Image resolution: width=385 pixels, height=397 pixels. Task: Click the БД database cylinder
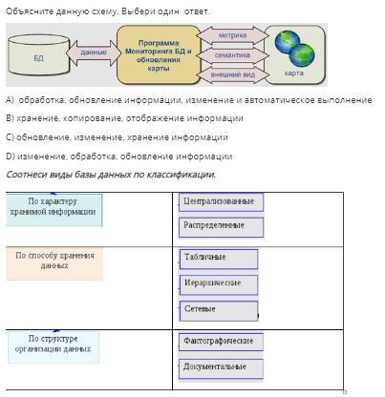tap(39, 55)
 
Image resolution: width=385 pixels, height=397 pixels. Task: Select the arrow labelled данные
tap(94, 52)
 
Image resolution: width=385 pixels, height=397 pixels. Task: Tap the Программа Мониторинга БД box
tap(159, 55)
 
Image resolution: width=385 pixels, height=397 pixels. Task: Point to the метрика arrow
tap(232, 35)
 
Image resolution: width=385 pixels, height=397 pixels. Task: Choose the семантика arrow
tap(232, 55)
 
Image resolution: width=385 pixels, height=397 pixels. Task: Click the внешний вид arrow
tap(232, 74)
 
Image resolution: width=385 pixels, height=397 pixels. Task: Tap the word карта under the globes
tap(293, 73)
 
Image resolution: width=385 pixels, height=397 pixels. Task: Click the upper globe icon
tap(287, 41)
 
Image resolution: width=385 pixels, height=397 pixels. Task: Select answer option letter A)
tap(10, 100)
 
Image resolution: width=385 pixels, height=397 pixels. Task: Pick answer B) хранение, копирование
tap(124, 118)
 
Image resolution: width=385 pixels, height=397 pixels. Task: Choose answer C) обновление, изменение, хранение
tap(117, 137)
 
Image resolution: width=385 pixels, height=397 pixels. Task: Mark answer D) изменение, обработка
tap(119, 157)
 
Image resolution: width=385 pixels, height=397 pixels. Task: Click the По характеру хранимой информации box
tap(54, 210)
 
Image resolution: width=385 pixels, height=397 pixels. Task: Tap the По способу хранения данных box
tap(54, 263)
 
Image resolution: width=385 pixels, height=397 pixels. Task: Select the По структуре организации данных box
tap(53, 346)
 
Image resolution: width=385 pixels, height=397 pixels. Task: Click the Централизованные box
tap(221, 202)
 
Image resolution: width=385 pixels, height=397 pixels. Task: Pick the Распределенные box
tap(221, 227)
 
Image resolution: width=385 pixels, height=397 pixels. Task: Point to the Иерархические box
tap(219, 285)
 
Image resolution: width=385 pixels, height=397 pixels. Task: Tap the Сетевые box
tap(219, 311)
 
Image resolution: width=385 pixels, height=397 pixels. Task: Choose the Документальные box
tap(221, 368)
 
